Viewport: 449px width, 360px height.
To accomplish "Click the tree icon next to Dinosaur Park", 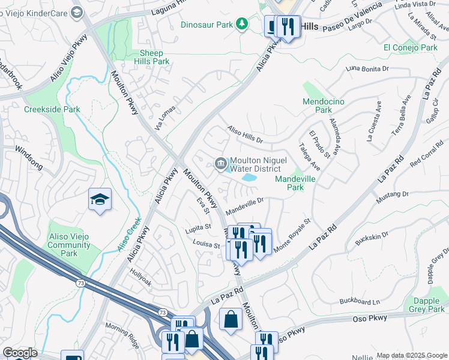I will tap(241, 24).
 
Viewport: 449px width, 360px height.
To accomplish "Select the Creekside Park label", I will tap(52, 110).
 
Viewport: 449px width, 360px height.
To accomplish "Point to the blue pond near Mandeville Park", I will tap(249, 178).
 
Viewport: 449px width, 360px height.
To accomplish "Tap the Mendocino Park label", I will tap(324, 106).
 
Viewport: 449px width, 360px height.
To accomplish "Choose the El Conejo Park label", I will tap(411, 47).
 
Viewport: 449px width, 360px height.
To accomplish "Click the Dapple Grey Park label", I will tap(429, 305).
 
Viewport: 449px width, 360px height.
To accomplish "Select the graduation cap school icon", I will tap(100, 199).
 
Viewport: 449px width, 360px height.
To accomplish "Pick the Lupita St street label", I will tap(199, 227).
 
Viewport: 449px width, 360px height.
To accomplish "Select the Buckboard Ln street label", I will tap(360, 301).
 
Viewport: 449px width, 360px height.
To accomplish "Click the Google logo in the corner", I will tap(20, 353).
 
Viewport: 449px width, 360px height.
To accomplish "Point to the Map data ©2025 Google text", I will tap(411, 355).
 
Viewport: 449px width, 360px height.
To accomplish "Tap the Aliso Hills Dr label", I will tap(244, 136).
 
